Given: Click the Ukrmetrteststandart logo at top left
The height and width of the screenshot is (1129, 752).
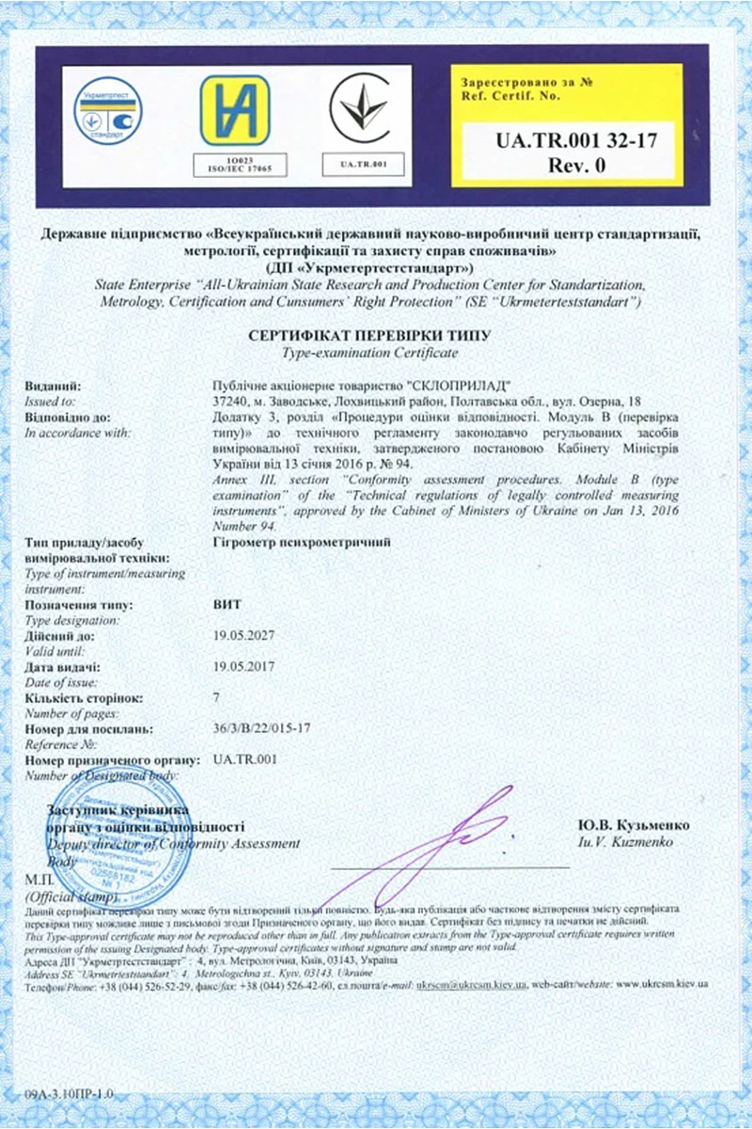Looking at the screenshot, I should point(108,110).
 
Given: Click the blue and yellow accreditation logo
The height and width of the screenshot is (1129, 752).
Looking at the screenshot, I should point(234,109).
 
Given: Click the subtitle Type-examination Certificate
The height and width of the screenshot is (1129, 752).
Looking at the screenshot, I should point(369,353).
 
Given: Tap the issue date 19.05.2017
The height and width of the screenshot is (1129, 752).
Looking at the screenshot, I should point(243,667).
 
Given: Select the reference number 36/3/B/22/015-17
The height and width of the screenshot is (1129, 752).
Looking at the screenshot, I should point(262,728).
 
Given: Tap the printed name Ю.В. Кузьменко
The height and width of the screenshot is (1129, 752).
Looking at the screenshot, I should point(634,825).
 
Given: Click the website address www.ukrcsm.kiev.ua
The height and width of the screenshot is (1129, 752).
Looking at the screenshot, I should point(663,983).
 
